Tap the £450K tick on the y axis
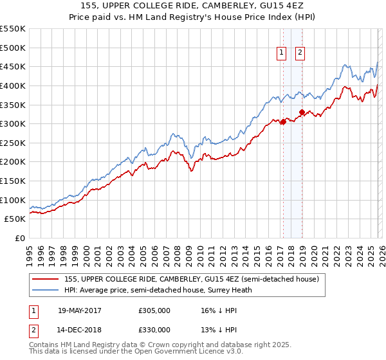13,66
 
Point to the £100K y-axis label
13,200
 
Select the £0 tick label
19,239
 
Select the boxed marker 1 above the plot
282,53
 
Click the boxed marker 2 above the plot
300,53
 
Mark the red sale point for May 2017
282,122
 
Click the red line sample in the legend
46,279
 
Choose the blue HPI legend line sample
46,290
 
